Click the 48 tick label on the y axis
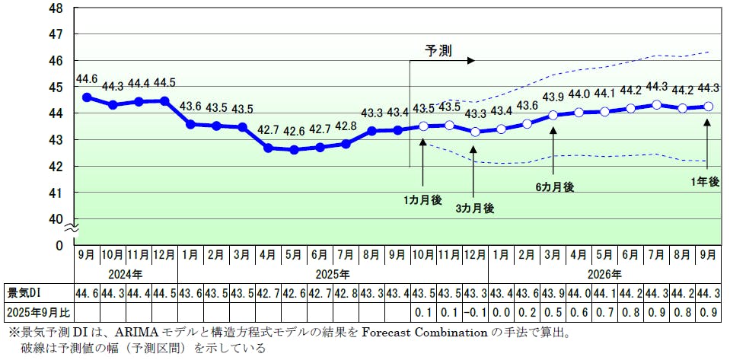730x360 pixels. point(56,8)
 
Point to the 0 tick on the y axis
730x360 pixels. point(59,245)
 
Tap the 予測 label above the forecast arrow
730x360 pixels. point(439,51)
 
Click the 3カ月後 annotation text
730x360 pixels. point(475,208)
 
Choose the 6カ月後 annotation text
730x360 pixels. point(554,186)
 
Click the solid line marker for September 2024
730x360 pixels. point(87,97)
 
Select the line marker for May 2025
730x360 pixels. point(294,150)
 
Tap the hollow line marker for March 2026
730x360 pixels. point(553,115)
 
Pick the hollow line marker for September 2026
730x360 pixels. point(708,107)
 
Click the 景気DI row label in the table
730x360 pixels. point(23,292)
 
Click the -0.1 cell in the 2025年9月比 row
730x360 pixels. point(475,311)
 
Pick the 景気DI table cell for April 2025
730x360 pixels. point(268,292)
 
